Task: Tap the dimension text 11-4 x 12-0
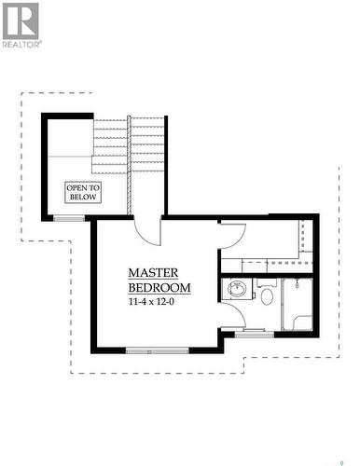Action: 159,302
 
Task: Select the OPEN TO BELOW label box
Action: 82,192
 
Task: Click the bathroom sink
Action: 236,291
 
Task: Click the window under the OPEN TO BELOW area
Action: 67,218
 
